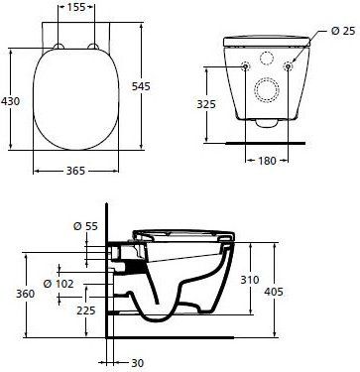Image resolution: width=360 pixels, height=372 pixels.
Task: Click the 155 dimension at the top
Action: (76, 7)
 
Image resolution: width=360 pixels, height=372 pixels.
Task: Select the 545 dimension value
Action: (141, 86)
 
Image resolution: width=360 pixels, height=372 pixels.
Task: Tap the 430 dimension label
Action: (10, 101)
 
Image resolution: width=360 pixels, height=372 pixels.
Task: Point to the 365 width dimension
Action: (75, 171)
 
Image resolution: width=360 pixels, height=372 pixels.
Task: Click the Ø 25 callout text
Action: (343, 31)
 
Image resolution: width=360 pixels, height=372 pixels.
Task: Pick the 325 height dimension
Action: (206, 104)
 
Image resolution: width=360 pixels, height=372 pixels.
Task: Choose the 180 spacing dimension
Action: (267, 161)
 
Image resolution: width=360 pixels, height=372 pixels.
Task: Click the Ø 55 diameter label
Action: (85, 226)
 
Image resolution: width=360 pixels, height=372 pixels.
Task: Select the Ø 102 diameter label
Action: (59, 284)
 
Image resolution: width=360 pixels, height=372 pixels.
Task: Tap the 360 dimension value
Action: (26, 294)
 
